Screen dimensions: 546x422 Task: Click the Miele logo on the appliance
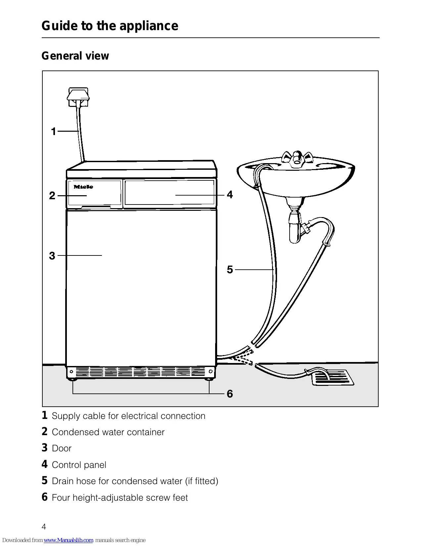tap(83, 187)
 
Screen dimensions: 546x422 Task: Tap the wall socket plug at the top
tap(78, 96)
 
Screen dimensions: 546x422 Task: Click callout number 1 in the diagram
tap(53, 132)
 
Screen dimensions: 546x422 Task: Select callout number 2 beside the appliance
tap(52, 196)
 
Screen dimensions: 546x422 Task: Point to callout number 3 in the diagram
tap(52, 256)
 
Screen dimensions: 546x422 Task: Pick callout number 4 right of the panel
tap(230, 195)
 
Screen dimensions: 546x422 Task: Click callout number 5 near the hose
tap(230, 270)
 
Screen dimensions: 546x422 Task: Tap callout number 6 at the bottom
tap(230, 394)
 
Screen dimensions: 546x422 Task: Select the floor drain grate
tap(333, 378)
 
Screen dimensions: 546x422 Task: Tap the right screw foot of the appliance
tap(209, 379)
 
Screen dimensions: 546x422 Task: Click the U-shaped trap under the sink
tap(295, 229)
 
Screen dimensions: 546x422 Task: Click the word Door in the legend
tap(62, 448)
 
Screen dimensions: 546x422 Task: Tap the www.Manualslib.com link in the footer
tap(69, 540)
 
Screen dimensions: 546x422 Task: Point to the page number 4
tap(44, 527)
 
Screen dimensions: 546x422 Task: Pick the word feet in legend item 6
tap(179, 498)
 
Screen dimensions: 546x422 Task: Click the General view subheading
tap(75, 56)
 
